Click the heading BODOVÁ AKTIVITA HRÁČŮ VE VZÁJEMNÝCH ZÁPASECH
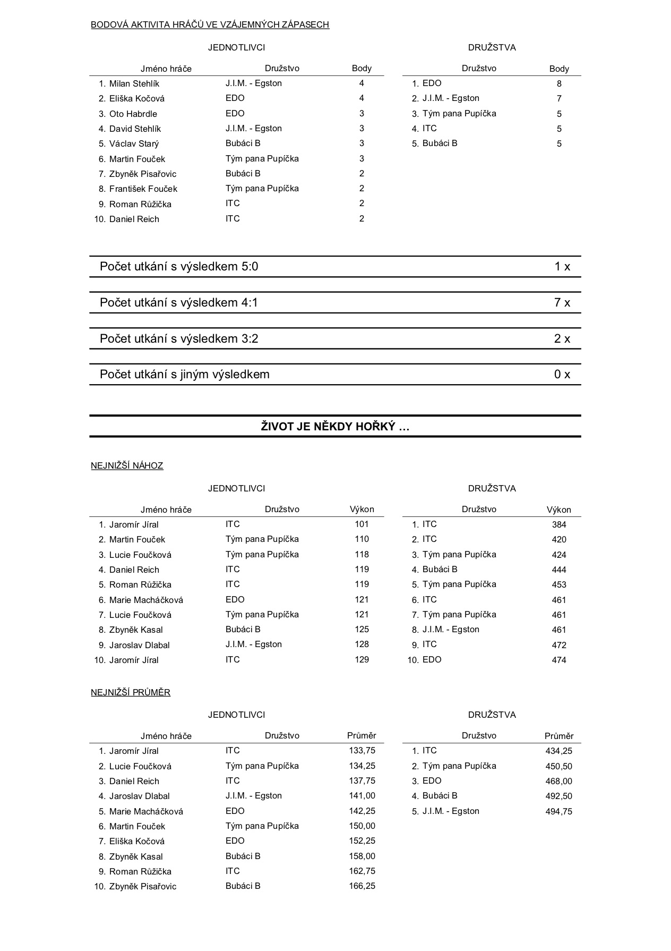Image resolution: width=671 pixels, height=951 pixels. coord(210,24)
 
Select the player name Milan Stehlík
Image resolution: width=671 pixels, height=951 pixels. coord(134,83)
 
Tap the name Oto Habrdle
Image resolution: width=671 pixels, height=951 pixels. coord(133,114)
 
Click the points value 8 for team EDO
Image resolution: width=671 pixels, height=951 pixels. coord(559,83)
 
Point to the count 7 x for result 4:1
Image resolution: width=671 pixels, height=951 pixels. coord(562,303)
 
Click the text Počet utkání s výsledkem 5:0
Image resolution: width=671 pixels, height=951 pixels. coord(179,267)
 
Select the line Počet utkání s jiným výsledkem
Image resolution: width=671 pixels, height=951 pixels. coord(184,375)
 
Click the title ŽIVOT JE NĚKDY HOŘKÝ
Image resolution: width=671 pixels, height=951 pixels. coord(335,427)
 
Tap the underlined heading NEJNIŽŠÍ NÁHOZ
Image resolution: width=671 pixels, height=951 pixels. coord(127,466)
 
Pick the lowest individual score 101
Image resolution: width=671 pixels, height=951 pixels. coord(362,524)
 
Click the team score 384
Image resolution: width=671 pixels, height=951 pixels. coord(559,525)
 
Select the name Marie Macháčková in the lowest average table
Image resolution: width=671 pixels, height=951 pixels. coord(146,811)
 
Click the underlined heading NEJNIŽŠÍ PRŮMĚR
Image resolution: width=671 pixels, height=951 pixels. coord(131,693)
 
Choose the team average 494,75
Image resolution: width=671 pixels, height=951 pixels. coord(559,811)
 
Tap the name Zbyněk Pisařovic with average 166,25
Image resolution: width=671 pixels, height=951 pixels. coord(143,886)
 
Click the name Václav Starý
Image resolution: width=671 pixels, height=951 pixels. coord(134,143)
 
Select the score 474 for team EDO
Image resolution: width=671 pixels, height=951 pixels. coord(559,660)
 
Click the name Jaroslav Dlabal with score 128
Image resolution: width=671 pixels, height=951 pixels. coord(139,645)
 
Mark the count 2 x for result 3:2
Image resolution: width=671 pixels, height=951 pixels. coord(562,339)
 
